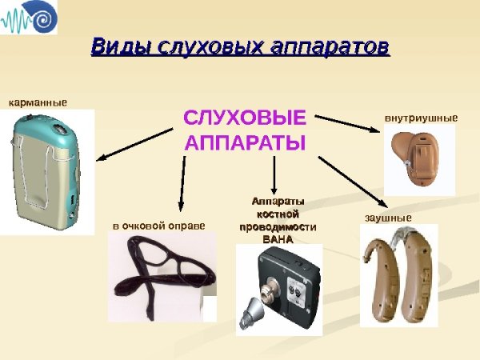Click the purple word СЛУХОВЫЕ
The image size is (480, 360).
pyautogui.click(x=245, y=118)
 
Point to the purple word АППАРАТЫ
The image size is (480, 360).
pyautogui.click(x=245, y=144)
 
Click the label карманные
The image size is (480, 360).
pyautogui.click(x=38, y=103)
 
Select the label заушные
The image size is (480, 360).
pyautogui.click(x=382, y=218)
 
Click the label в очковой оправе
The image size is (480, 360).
pyautogui.click(x=158, y=226)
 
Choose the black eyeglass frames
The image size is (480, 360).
pyautogui.click(x=160, y=272)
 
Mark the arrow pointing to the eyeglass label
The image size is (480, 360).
pyautogui.click(x=183, y=184)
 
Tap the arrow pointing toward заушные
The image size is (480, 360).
pyautogui.click(x=352, y=180)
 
